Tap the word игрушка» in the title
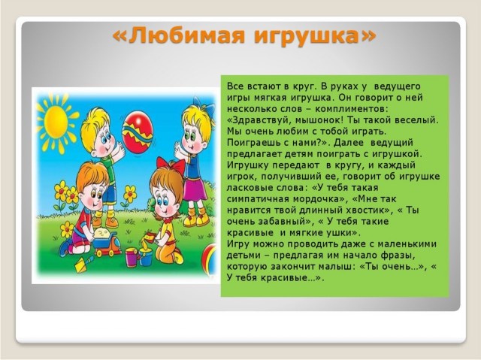pos(315,37)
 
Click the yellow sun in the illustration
pos(57,123)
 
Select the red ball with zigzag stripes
pos(137,132)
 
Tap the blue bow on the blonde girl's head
pos(204,107)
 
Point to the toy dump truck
pos(106,242)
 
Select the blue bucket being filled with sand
pos(146,257)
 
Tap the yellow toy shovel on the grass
pos(83,265)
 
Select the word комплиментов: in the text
pos(352,109)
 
